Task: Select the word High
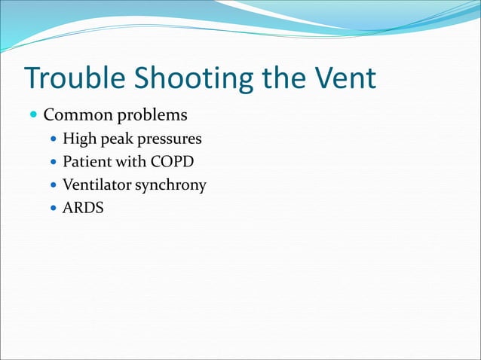78,139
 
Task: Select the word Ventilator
97,185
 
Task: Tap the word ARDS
83,207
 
